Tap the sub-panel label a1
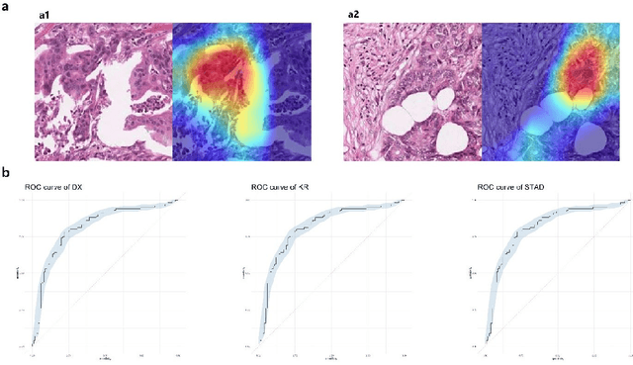(x=45, y=16)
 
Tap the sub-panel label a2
(x=352, y=16)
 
